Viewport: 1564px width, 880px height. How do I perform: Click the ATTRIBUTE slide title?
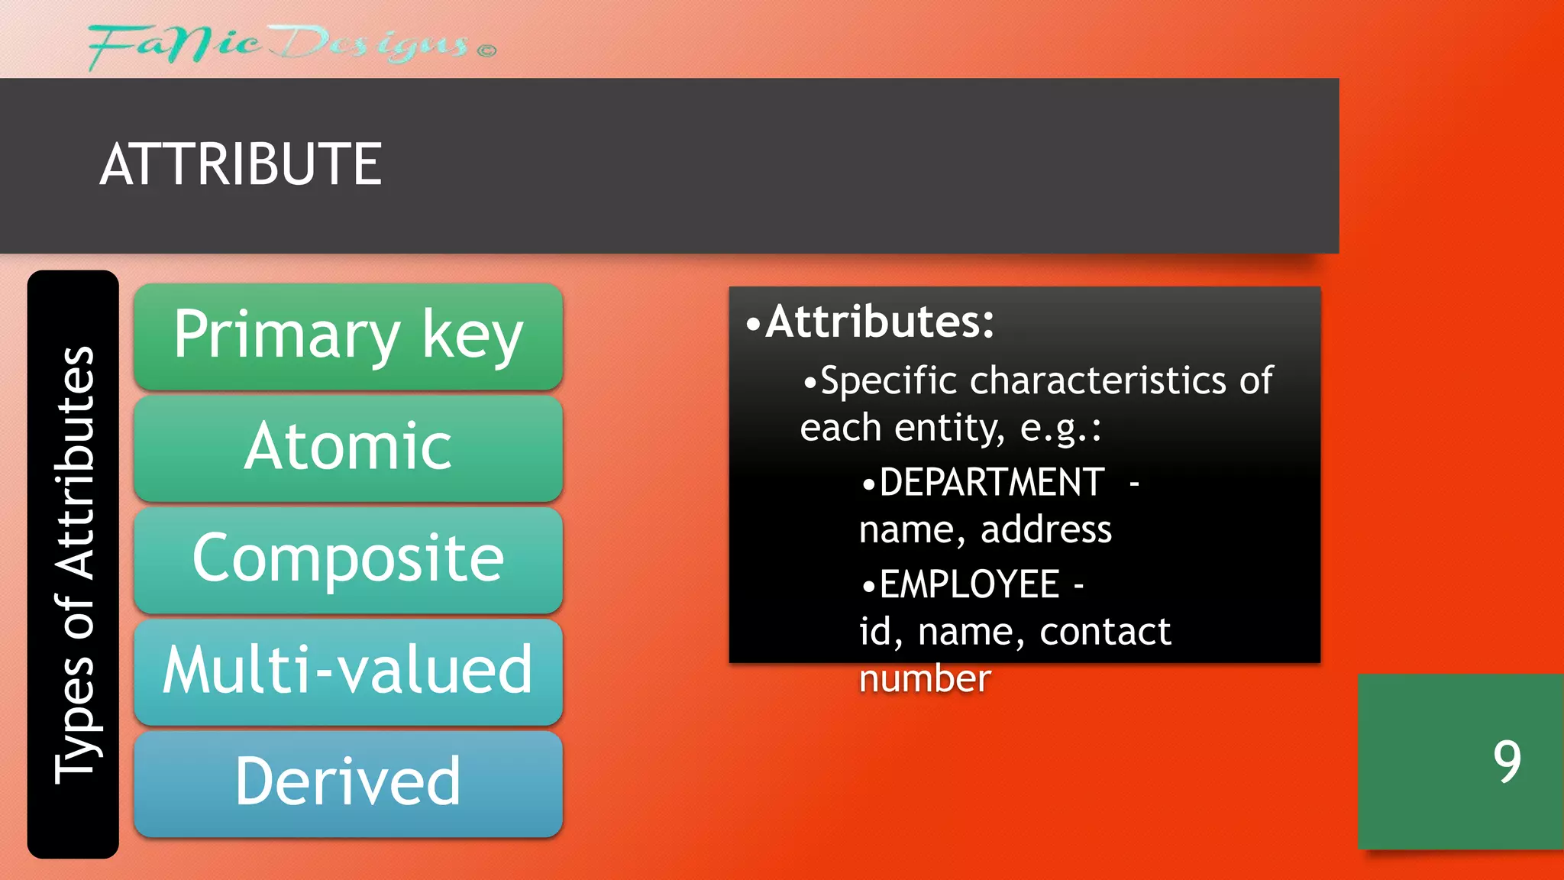pos(241,164)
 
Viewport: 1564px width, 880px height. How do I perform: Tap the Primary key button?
pos(348,336)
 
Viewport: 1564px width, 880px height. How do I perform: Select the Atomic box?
pos(348,448)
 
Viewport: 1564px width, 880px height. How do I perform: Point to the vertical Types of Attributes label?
pos(74,565)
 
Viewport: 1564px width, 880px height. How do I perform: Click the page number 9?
pos(1507,762)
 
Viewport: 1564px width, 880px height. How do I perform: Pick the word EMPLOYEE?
pos(969,585)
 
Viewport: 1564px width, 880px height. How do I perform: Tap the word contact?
pos(1105,632)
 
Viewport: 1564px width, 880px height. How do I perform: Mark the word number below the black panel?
pos(925,679)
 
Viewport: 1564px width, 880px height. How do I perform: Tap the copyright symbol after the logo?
pos(487,51)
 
